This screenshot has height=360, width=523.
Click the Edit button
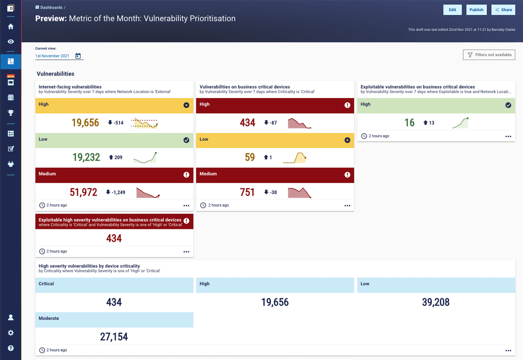coord(452,10)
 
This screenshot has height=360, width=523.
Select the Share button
coord(503,10)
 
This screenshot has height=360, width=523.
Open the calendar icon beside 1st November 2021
coord(78,56)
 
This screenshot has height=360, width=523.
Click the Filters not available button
coord(489,55)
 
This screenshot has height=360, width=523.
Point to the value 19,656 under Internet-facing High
coord(85,123)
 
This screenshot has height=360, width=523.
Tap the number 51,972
coord(84,192)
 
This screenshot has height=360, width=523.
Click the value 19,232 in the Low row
coord(86,157)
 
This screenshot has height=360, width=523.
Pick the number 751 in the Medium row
coord(247,192)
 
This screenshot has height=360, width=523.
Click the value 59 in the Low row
coord(250,157)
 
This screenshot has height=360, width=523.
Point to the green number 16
coord(409,123)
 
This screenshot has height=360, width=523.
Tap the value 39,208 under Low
coord(436,302)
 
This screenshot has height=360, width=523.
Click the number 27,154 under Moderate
coord(114,337)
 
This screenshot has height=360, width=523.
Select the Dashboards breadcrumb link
coord(51,8)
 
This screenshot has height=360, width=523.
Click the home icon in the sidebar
coord(11,26)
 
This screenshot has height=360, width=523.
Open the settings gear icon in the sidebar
coord(11,333)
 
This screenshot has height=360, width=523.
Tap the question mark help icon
coord(11,348)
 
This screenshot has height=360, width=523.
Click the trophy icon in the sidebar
coord(11,113)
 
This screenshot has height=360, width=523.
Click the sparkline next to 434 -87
coord(299,123)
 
